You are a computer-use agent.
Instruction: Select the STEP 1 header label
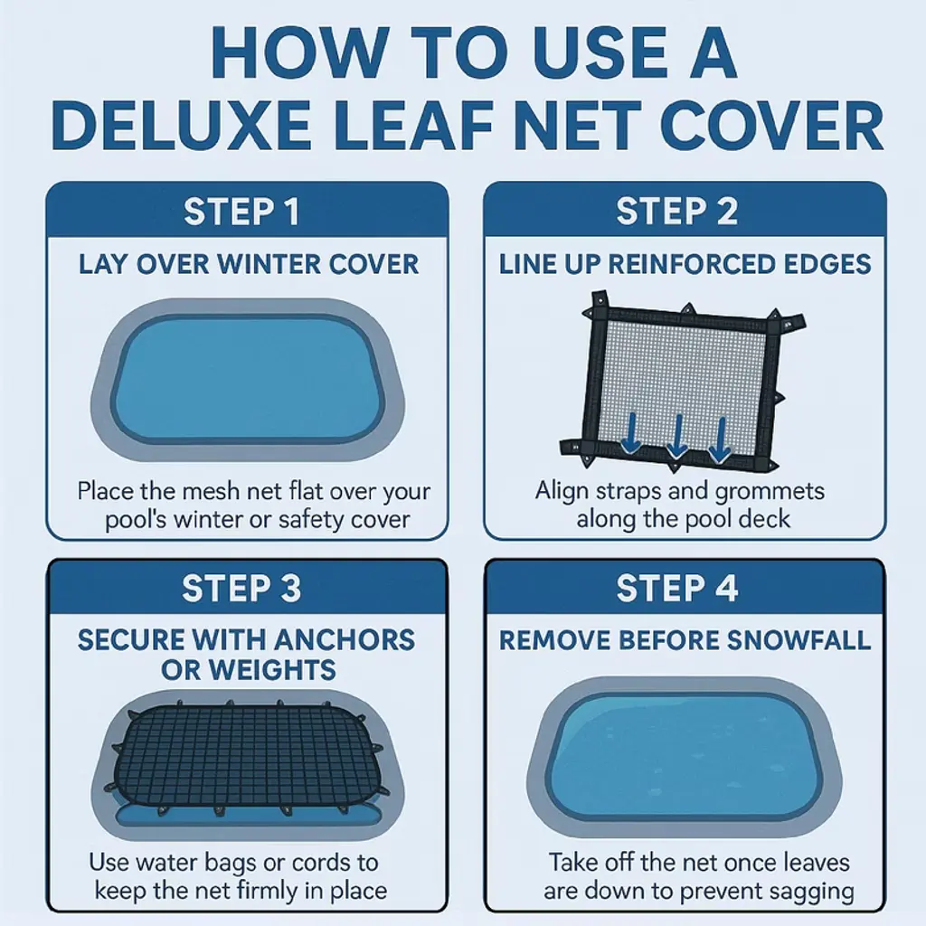[x=241, y=212]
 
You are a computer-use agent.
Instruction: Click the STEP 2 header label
[x=677, y=212]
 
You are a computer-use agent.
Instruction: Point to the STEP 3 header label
[x=241, y=588]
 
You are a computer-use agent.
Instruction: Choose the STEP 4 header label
[x=677, y=588]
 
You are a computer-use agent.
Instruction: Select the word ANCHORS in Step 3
[x=345, y=640]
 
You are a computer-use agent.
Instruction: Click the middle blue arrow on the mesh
[x=676, y=437]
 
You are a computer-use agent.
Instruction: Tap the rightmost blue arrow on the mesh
[x=720, y=440]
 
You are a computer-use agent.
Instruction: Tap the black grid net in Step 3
[x=248, y=757]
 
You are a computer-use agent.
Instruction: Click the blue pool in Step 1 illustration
[x=248, y=380]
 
